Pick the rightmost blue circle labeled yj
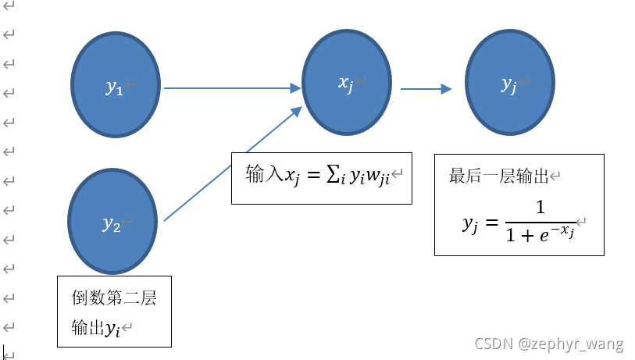(x=509, y=83)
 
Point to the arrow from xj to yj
(x=426, y=89)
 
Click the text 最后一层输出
(x=499, y=176)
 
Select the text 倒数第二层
(x=114, y=299)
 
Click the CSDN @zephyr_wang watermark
(x=561, y=344)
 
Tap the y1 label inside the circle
(x=115, y=87)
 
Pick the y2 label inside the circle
(x=112, y=225)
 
